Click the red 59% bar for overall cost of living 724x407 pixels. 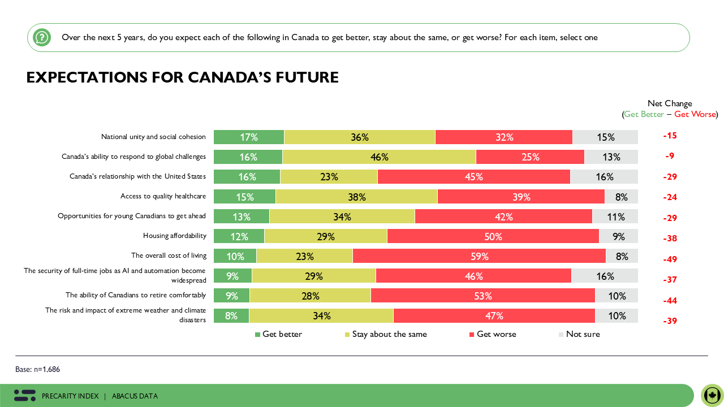479,256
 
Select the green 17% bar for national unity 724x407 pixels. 249,137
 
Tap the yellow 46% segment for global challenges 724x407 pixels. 379,157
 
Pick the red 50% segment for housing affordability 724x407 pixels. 493,236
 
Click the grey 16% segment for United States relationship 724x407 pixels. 604,177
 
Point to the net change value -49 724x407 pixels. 670,259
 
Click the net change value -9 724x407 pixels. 670,156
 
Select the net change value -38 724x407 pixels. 670,239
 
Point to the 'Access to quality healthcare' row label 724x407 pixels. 163,197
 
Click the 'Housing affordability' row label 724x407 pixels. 174,236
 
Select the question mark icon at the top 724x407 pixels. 42,38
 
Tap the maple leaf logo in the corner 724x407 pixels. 712,395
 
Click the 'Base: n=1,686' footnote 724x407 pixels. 37,369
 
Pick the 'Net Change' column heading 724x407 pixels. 670,103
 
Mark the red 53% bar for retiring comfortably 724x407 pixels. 482,296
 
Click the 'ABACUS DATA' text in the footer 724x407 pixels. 135,396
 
